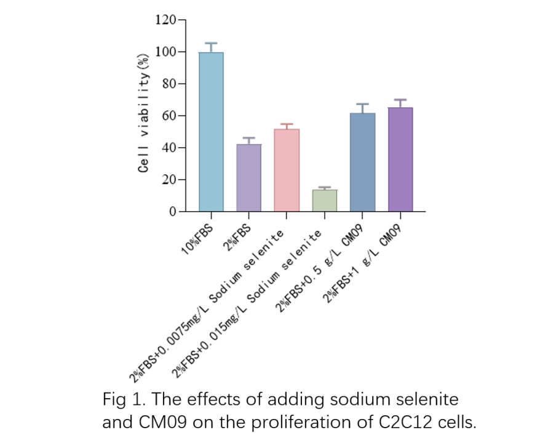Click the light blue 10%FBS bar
point(211,132)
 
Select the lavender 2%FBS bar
point(249,178)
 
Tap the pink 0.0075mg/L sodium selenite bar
point(287,170)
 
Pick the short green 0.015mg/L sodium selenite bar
point(325,201)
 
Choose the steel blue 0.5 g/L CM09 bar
point(362,162)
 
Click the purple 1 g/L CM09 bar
point(400,159)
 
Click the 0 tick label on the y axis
point(172,212)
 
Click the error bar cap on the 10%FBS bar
point(211,43)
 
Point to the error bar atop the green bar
point(325,187)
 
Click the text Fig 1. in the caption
point(123,399)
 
